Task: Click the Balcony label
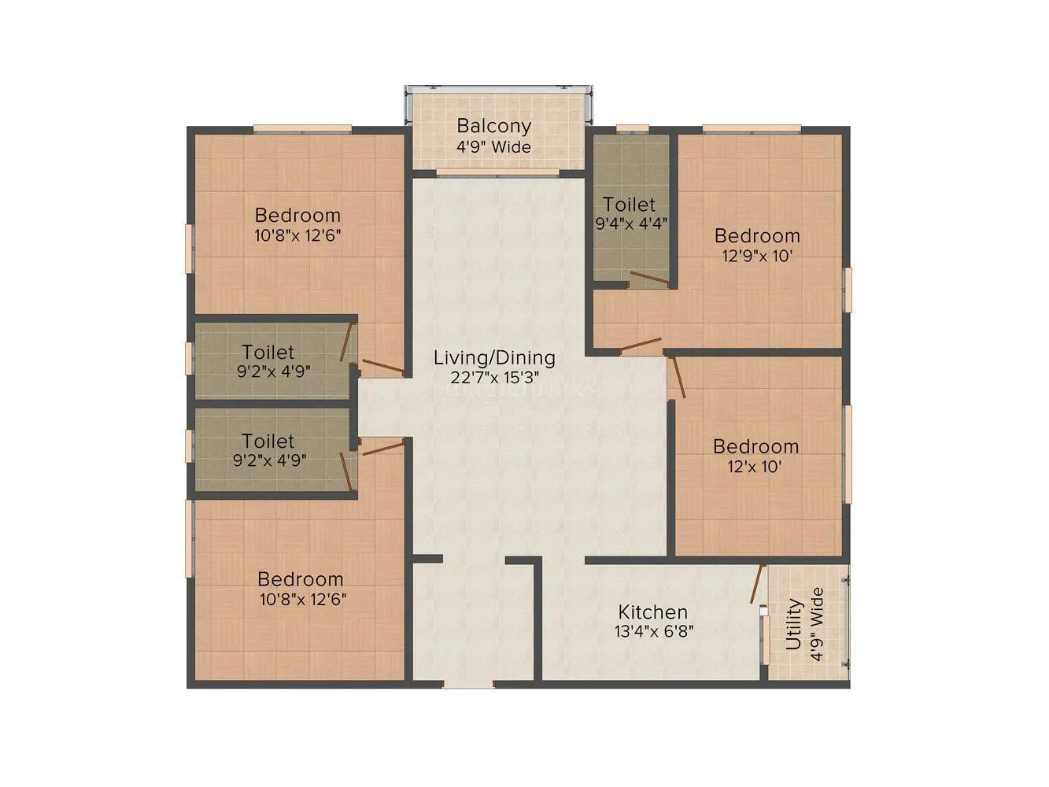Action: coord(494,126)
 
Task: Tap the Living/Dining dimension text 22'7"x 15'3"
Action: coord(494,377)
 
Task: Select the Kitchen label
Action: coord(652,612)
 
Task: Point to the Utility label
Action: coord(794,625)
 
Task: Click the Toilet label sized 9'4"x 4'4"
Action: coord(630,205)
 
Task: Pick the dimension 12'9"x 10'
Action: coord(757,256)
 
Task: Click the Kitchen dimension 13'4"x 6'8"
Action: coord(654,631)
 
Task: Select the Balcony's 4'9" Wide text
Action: coord(494,146)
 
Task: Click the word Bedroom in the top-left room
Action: coord(297,215)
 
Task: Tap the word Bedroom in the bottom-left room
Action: coord(301,579)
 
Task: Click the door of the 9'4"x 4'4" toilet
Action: coord(648,277)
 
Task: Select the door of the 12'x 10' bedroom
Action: coord(677,379)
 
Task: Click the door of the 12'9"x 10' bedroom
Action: coord(641,344)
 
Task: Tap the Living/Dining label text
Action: coord(494,358)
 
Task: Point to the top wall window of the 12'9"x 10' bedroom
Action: coord(752,128)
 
